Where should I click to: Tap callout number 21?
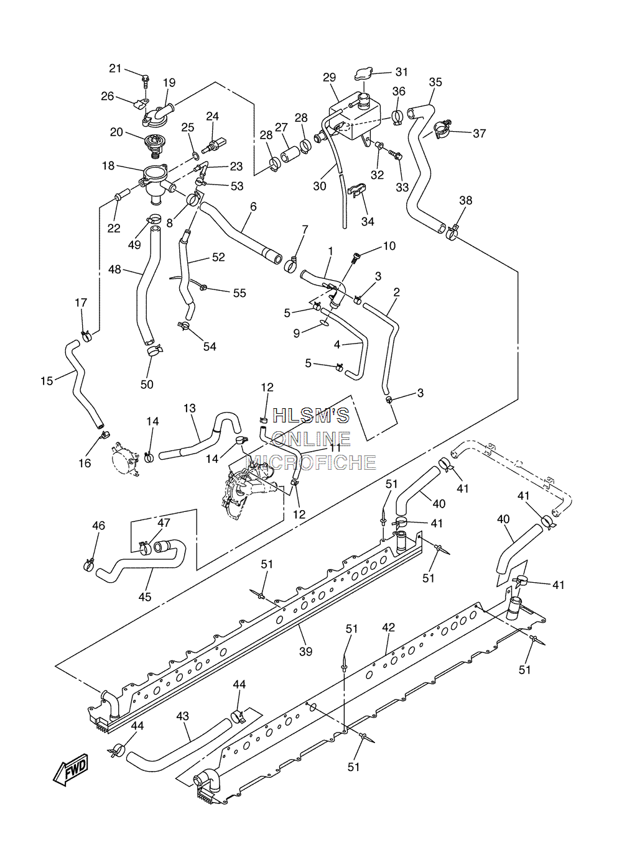point(115,68)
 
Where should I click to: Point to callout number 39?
point(305,651)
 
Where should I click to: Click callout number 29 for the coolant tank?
point(330,78)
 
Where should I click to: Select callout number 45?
point(145,597)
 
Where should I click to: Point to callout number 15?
point(47,381)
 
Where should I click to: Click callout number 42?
point(389,628)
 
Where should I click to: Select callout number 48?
point(114,270)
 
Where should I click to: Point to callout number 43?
point(183,716)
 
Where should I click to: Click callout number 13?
point(190,408)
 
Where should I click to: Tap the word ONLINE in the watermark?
point(311,439)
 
